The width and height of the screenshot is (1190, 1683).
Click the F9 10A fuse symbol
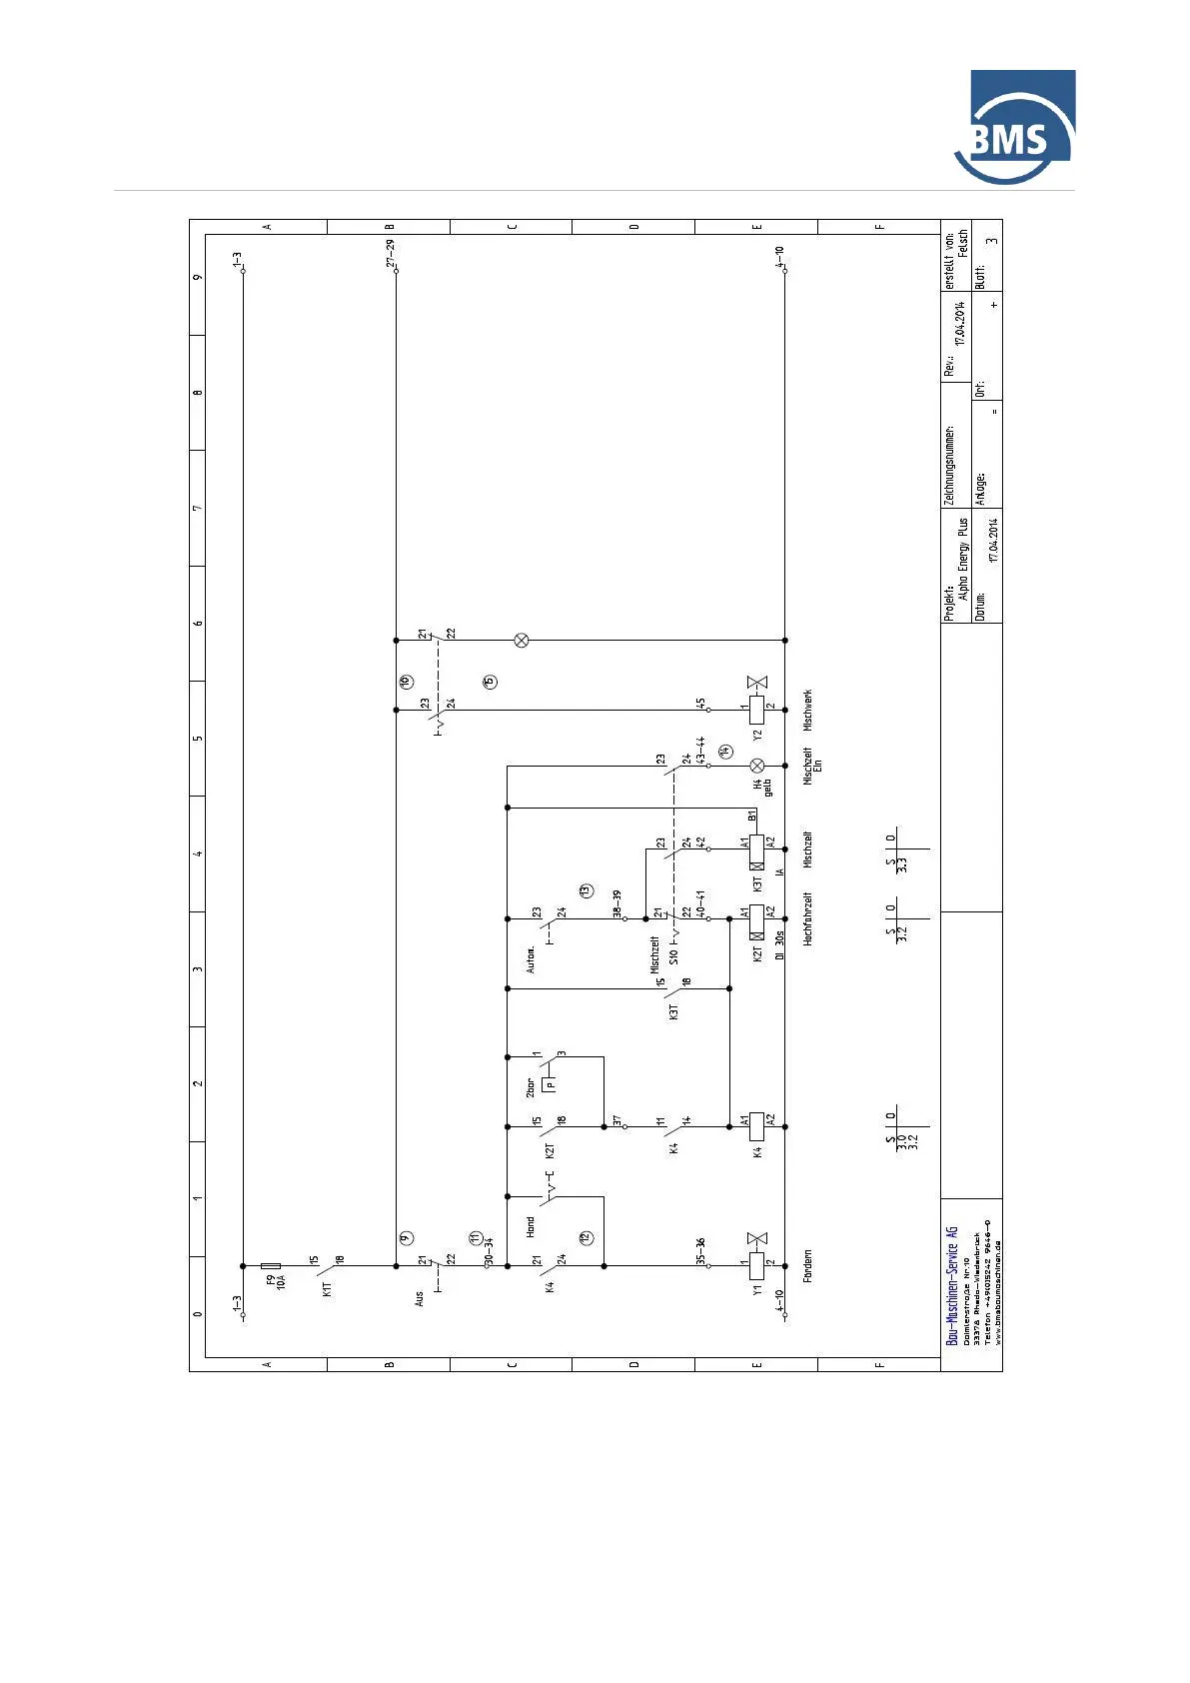coord(270,1266)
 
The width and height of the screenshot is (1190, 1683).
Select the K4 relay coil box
coord(756,1125)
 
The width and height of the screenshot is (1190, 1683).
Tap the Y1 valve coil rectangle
coord(756,1266)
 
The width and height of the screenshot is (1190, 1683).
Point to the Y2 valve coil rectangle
coord(756,710)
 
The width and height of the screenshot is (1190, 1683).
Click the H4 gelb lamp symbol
coord(756,766)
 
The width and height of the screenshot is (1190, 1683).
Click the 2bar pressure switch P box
coord(549,1084)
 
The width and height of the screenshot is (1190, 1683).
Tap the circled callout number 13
coord(586,889)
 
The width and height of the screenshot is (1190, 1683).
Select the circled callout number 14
coord(725,750)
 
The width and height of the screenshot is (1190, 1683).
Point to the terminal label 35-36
coord(700,1250)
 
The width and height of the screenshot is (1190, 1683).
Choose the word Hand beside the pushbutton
coord(531,1225)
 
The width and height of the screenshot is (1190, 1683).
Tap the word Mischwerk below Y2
coord(808,709)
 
